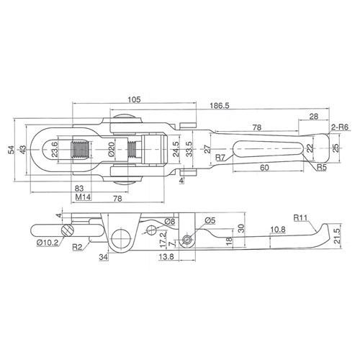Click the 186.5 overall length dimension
(220, 106)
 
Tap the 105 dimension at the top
(134, 99)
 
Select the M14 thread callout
(83, 197)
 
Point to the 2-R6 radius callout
(340, 127)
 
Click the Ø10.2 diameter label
(48, 243)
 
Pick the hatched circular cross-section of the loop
(67, 230)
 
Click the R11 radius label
(300, 217)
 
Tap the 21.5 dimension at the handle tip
(337, 236)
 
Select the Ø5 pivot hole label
(210, 220)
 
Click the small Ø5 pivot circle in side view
(187, 240)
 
